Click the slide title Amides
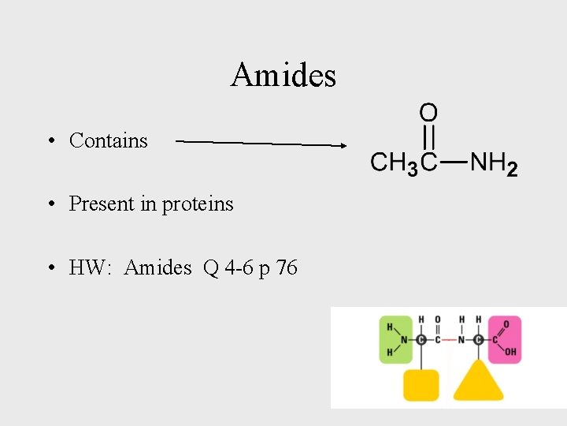click(283, 76)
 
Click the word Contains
click(109, 140)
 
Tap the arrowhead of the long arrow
click(343, 145)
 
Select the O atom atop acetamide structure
click(428, 113)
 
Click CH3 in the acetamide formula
click(395, 164)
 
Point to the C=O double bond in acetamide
click(428, 137)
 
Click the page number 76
click(287, 268)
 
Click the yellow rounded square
click(421, 384)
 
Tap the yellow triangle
click(479, 382)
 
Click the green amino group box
click(395, 340)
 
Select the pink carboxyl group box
click(505, 340)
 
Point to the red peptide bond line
click(449, 340)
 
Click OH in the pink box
click(510, 353)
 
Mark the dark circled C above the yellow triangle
click(479, 340)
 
